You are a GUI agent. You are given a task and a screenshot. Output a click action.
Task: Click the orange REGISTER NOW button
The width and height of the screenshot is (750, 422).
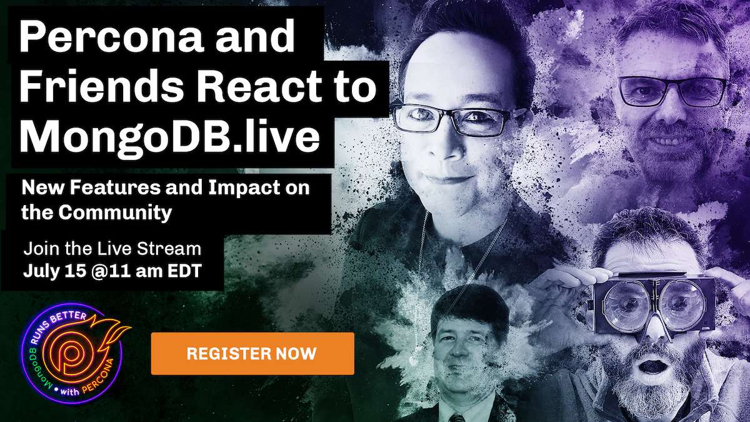click(x=252, y=353)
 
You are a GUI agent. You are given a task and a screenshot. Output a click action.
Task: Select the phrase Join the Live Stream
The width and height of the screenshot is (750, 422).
click(x=112, y=249)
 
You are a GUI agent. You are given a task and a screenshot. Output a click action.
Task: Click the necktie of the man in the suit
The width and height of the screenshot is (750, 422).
click(x=457, y=418)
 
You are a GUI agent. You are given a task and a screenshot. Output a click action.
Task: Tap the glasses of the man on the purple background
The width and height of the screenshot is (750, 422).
click(x=671, y=92)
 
